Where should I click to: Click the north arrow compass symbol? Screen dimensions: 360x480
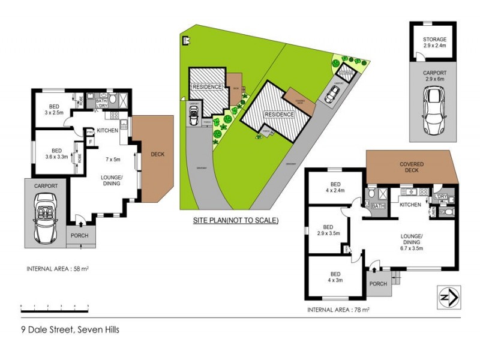coord(448,296)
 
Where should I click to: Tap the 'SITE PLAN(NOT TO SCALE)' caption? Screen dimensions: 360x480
coord(236,220)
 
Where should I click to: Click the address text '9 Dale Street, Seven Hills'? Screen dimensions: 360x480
coord(71,329)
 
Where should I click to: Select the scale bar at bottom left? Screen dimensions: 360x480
coord(55,307)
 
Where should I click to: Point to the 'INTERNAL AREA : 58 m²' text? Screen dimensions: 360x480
coord(58,268)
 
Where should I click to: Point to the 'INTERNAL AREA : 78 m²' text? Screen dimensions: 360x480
coord(338,310)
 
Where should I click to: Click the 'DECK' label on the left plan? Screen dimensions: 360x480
coord(157,154)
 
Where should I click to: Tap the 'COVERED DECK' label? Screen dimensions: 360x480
coord(412,168)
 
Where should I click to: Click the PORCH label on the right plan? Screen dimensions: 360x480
coord(378,284)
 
